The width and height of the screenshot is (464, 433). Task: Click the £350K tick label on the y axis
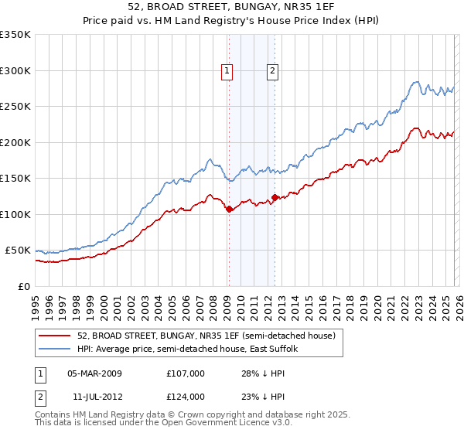(x=15, y=35)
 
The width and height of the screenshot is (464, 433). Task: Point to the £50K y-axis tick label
(x=18, y=251)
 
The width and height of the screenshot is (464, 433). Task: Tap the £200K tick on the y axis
(x=15, y=142)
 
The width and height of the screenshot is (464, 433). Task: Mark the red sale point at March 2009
(x=229, y=210)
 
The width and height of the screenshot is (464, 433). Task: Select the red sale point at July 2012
(x=275, y=197)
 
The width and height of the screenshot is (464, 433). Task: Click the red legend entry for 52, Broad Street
(x=206, y=336)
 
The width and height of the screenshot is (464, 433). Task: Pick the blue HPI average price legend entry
(x=193, y=349)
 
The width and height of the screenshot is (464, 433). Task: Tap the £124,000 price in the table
(x=185, y=396)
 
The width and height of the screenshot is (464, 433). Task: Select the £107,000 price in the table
(x=185, y=373)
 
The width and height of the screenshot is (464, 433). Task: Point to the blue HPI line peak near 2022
(x=416, y=81)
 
